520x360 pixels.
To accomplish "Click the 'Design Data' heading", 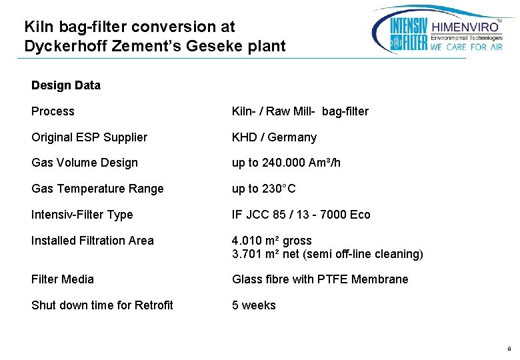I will point(66,85).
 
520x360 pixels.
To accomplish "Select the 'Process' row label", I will point(53,111).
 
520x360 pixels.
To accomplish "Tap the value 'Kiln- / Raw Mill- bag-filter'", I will point(300,111).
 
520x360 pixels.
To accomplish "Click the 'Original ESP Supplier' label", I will point(89,137).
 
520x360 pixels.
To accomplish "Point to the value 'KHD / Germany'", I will point(274,137).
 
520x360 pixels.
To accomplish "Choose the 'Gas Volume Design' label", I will point(85,163).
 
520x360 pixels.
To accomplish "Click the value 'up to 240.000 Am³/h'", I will point(286,163).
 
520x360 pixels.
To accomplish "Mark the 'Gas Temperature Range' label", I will point(97,189).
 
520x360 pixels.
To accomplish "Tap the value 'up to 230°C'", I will point(263,189).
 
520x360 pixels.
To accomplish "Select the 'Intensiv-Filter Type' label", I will point(82,215).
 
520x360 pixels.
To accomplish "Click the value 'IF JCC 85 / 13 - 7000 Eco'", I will point(301,215).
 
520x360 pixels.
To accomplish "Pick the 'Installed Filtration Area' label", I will point(93,241).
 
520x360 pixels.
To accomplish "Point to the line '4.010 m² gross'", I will point(272,241).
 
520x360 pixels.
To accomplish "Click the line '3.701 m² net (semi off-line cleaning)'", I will point(327,254).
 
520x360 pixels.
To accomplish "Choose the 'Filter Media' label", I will point(63,279).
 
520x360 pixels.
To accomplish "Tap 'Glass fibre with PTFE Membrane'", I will point(320,279).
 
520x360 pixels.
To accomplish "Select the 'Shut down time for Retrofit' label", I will point(102,305).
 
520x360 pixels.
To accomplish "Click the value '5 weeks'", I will point(253,305).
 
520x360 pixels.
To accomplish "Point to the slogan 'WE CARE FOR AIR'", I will point(467,47).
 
